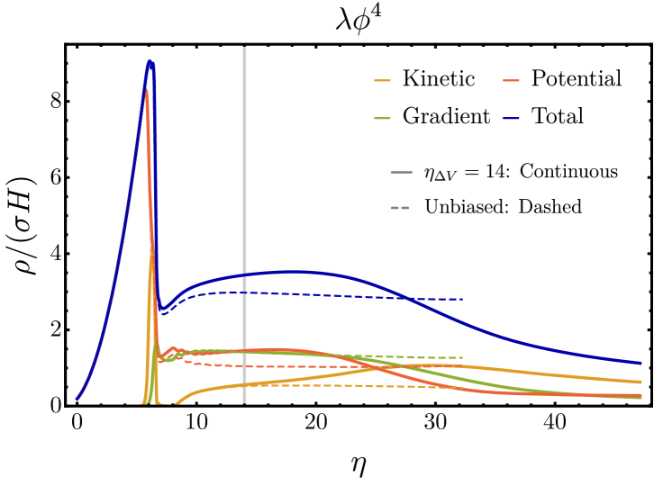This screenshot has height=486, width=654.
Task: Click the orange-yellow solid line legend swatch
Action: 382,81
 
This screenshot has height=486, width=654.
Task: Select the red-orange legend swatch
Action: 511,81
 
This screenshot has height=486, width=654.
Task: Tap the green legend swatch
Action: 382,119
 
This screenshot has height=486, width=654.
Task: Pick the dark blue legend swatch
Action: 511,119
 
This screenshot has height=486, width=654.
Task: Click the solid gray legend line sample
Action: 401,172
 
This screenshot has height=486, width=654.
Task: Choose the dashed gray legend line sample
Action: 400,208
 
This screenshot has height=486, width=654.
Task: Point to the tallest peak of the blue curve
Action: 150,61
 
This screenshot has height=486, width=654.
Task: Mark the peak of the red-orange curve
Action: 146,89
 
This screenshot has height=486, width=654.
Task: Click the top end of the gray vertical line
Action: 244,48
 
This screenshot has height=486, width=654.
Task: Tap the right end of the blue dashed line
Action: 462,299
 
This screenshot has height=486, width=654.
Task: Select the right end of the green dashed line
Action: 462,357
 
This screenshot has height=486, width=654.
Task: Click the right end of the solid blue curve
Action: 641,364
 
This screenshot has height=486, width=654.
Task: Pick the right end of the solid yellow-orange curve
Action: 641,382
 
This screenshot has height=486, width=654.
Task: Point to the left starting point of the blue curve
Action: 77,399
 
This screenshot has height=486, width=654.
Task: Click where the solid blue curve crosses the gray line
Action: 244,275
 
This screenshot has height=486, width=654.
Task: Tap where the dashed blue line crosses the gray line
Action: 244,292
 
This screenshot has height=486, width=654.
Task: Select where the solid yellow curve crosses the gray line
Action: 244,384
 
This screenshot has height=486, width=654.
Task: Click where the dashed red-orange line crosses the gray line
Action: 244,366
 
